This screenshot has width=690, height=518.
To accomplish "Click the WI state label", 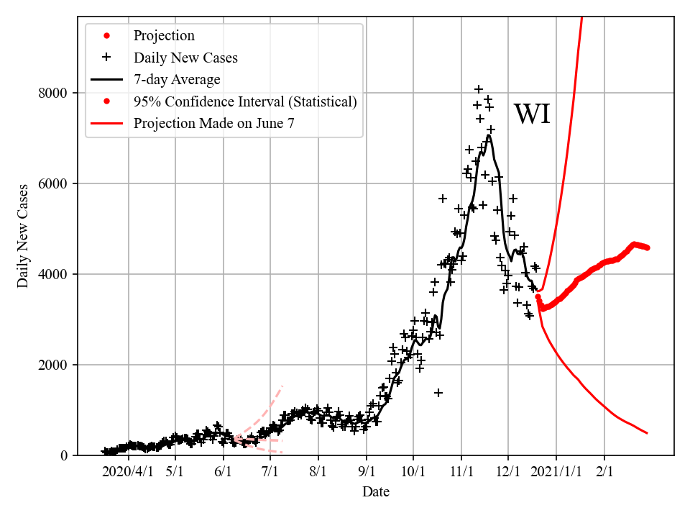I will tap(532, 114).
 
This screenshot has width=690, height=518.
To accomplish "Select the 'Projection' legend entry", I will tap(164, 36).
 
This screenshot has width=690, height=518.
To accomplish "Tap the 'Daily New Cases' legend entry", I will tap(185, 58).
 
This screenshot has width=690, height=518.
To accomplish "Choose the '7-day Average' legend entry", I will tap(177, 79).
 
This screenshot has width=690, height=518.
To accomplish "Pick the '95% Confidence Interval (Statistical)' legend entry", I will tap(244, 101).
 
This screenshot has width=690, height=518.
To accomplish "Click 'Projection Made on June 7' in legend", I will tap(213, 124).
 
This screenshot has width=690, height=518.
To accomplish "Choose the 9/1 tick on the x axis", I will tap(367, 472).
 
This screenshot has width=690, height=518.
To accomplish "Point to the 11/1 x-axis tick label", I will tap(461, 472).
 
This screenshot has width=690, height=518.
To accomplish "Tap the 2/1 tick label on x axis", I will tap(604, 472).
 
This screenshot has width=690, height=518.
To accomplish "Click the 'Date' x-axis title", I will tap(376, 492).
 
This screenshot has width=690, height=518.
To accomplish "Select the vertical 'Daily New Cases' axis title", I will tap(24, 236).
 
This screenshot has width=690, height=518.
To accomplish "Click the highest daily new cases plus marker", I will tap(479, 89).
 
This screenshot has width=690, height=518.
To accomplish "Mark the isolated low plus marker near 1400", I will tap(438, 393).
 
